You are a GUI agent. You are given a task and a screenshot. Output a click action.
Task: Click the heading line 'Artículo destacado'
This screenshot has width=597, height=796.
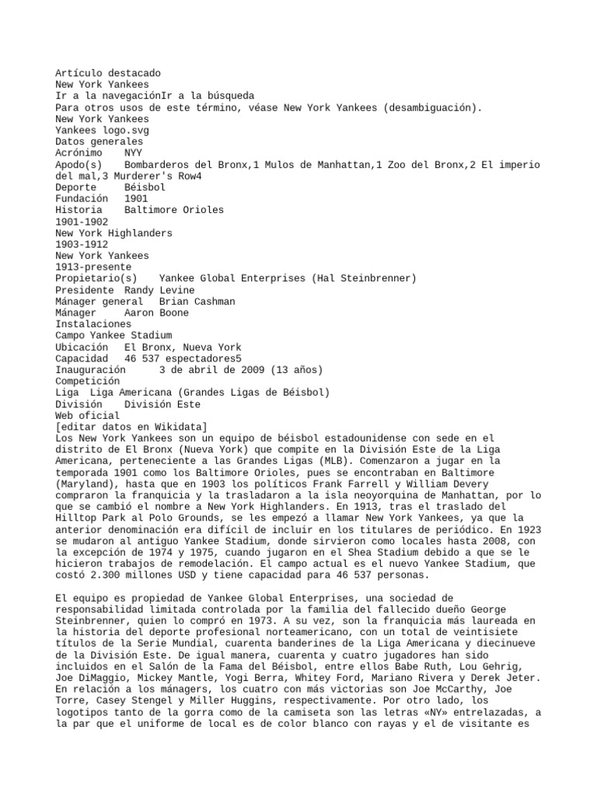(108, 73)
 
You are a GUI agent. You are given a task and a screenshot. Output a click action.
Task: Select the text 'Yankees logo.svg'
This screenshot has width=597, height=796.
(99, 131)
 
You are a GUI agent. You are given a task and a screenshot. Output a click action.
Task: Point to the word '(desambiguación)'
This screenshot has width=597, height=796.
(432, 107)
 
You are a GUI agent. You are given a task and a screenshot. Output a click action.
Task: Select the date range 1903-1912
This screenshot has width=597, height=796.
(82, 244)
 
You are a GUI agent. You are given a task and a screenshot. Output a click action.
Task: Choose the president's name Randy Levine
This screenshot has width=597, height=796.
(148, 290)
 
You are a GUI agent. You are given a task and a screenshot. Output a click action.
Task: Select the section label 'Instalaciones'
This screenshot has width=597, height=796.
(93, 324)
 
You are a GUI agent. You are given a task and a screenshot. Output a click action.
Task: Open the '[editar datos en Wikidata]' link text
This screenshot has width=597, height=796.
(131, 427)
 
